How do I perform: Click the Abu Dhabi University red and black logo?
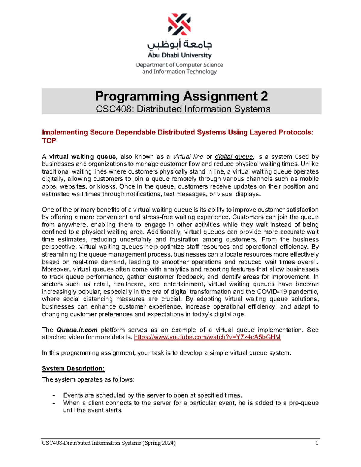(x=179, y=24)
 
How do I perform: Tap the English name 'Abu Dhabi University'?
(x=180, y=55)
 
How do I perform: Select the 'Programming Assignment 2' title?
(x=181, y=96)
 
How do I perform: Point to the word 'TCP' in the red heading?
(x=49, y=140)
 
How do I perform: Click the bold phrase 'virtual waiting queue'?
(x=82, y=157)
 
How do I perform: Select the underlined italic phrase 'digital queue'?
(x=234, y=157)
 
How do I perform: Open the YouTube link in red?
(x=207, y=337)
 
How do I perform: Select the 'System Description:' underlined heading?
(x=73, y=368)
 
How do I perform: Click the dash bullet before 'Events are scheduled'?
(x=54, y=395)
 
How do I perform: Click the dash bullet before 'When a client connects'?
(x=54, y=403)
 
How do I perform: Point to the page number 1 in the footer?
(x=317, y=443)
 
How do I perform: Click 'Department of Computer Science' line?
(x=179, y=65)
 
